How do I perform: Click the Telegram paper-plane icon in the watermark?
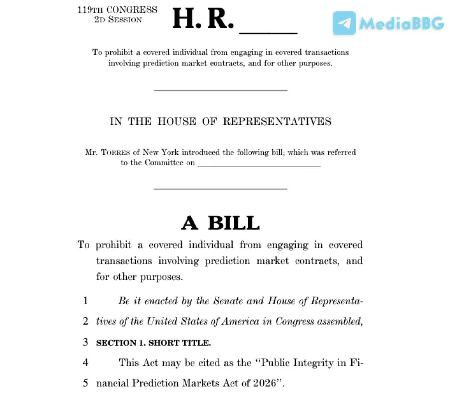click(344, 23)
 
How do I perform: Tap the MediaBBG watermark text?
click(401, 24)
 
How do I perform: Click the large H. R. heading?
click(203, 19)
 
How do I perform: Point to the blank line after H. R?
click(268, 32)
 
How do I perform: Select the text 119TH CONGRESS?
click(117, 9)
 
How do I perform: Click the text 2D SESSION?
click(118, 20)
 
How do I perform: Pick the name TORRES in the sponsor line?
click(116, 152)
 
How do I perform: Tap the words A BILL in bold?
click(220, 223)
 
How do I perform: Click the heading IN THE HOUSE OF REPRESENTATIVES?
click(220, 121)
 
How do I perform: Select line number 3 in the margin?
click(85, 342)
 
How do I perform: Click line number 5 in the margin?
click(85, 382)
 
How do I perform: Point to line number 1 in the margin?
click(85, 301)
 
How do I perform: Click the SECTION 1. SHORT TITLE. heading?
click(153, 343)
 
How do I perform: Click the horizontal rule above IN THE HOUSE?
click(220, 91)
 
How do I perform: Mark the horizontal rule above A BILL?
click(220, 189)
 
